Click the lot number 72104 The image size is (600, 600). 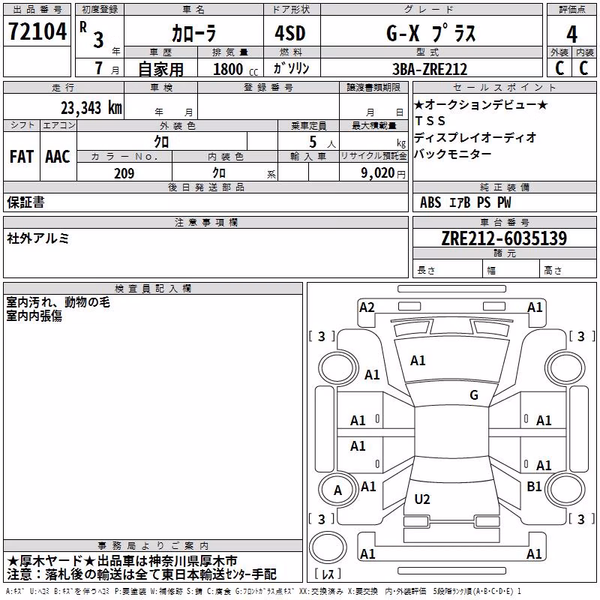click(37, 31)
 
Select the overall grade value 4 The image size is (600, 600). click(571, 34)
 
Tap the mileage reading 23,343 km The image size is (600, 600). click(91, 108)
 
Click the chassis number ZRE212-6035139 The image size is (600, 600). click(504, 238)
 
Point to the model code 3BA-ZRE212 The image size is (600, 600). click(430, 69)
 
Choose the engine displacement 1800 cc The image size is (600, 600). click(235, 69)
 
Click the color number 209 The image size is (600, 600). click(124, 173)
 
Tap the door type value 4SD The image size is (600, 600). click(290, 33)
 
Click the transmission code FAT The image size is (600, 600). click(22, 157)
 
